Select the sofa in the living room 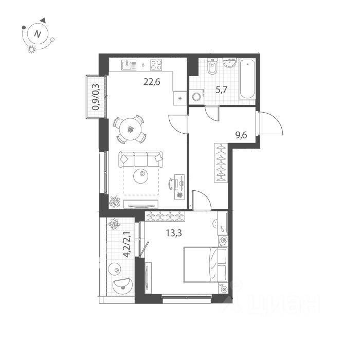[x=141, y=158]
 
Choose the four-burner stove [x=156, y=65]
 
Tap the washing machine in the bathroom [x=196, y=96]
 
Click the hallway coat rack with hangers [x=221, y=163]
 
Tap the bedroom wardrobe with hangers [x=165, y=217]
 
